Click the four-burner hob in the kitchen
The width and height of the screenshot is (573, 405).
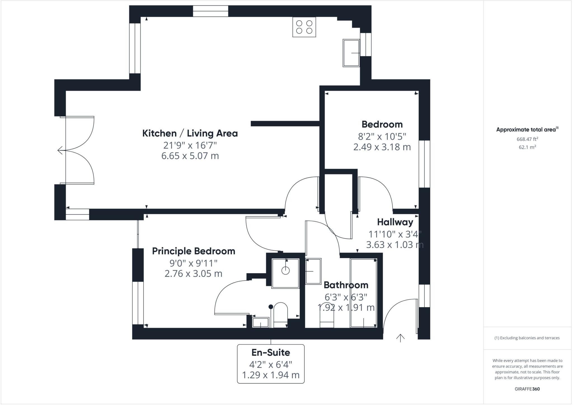point(304,27)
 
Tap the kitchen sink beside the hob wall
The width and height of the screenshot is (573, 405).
point(351,53)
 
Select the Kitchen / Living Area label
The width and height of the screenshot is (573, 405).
point(190,133)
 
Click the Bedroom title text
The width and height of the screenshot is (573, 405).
point(382,124)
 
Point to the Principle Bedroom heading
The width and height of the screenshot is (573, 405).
point(193,251)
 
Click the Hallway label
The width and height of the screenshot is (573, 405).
point(395,222)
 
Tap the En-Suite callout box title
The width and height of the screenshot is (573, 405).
point(271,352)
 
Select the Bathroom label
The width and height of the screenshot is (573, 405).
point(346,285)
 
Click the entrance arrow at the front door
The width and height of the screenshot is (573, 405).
point(400,338)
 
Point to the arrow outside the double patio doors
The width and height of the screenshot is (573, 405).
point(60,150)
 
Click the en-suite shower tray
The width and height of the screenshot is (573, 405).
point(285,273)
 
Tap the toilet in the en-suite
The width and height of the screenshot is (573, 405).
point(280,315)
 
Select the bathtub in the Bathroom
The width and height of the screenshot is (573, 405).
point(363,293)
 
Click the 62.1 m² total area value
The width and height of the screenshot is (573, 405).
point(527,147)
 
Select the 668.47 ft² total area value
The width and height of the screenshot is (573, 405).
point(527,139)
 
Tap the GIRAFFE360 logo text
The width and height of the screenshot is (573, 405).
point(527,389)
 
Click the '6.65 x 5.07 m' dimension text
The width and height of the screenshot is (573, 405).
point(190,156)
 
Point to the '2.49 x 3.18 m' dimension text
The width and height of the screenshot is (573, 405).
point(382,147)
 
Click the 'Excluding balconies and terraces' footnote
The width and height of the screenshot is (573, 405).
point(527,338)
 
